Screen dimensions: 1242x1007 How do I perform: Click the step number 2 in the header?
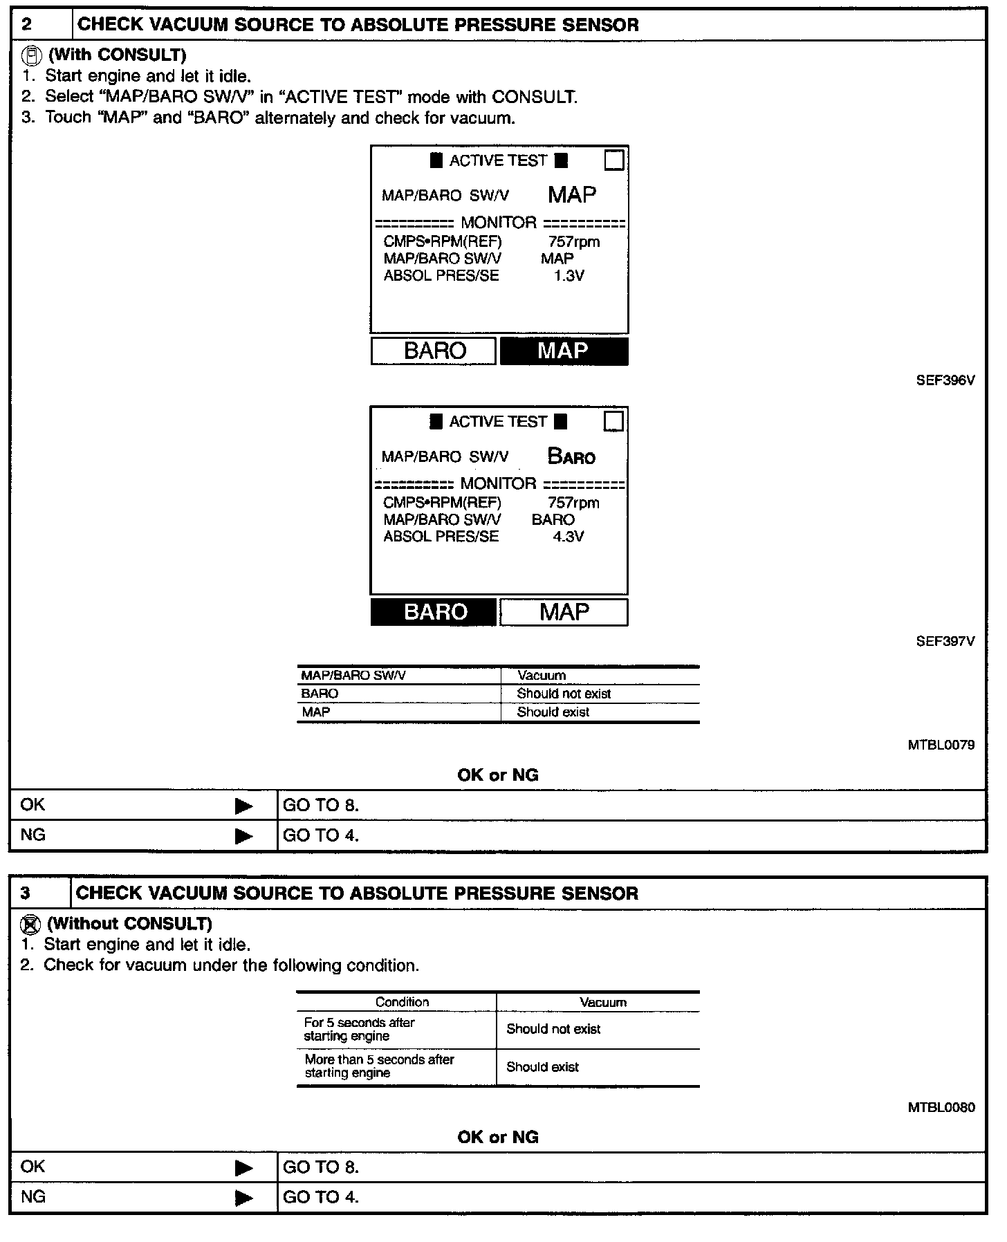click(27, 25)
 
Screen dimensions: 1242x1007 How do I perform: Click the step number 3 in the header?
click(26, 893)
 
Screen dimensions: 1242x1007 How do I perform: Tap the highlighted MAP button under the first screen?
click(564, 351)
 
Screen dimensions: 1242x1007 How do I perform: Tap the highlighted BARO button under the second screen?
click(434, 612)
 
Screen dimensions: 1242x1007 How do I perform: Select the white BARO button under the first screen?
click(434, 351)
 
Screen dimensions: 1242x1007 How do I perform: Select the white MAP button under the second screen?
click(564, 612)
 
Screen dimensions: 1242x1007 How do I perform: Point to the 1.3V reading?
click(569, 276)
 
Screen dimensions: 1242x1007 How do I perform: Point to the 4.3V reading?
click(568, 537)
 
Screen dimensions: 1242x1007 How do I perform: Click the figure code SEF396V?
click(945, 380)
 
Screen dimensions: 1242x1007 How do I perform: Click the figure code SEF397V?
click(945, 642)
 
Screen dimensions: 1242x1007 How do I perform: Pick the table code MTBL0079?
click(941, 745)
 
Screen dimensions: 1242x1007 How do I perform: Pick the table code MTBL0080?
click(941, 1107)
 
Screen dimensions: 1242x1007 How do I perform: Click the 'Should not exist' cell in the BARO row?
click(564, 694)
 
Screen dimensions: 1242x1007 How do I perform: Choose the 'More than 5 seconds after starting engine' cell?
click(379, 1066)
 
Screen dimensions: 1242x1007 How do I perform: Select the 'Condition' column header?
click(402, 1002)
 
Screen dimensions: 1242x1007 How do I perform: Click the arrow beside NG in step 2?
click(243, 836)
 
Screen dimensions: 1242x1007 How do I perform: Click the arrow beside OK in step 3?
click(243, 1168)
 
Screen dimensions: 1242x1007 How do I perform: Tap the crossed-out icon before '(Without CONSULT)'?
click(31, 923)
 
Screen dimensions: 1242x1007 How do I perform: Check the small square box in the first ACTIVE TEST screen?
click(613, 160)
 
